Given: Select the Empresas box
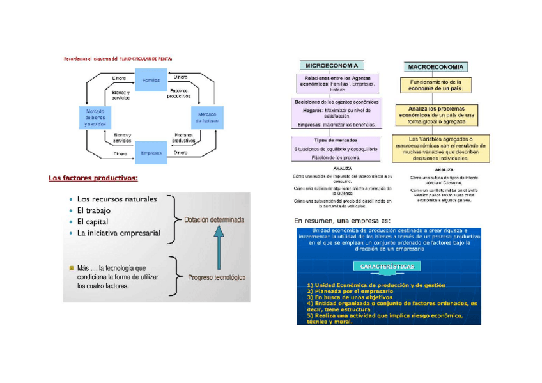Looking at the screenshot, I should pos(151,153).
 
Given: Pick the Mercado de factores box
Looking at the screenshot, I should pos(206,118).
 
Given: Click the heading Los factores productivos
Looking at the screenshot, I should pos(93,178).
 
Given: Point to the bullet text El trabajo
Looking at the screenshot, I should pos(93,210).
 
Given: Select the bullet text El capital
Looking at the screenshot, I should pos(93,221).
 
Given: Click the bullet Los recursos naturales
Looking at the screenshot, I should pos(116,199).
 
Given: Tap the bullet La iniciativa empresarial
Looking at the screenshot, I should pos(119,233).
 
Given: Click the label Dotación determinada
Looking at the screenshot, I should pos(215,219).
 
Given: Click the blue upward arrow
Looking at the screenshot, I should pos(218,249).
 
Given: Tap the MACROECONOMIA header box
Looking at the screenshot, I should pos(437,66).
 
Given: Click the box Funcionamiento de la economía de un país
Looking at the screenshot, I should pos(437,86).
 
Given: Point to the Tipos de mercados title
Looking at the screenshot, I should pos(336,140).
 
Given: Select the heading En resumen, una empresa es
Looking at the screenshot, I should pos(343,221).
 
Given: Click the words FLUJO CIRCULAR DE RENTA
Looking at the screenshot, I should pos(146,58).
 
